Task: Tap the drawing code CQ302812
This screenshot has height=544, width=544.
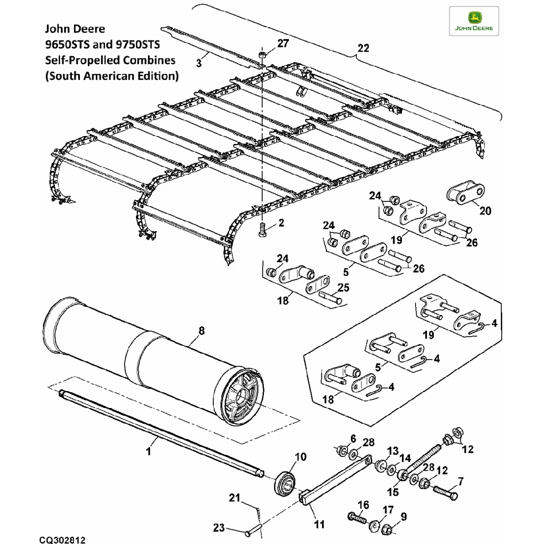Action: coord(62,538)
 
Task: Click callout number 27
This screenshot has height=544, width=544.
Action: coord(283,43)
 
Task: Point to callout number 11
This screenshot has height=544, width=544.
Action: coord(319,524)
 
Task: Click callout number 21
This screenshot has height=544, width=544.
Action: coord(234,497)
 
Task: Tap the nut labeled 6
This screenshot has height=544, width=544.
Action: coord(343,450)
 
